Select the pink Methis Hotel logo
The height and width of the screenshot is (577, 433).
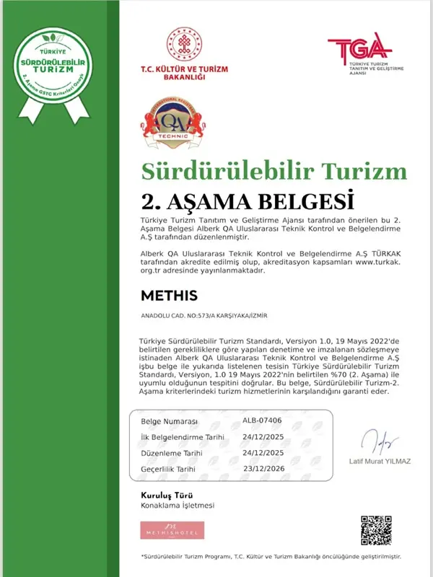[172, 530]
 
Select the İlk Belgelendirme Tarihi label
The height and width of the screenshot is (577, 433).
[183, 437]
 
